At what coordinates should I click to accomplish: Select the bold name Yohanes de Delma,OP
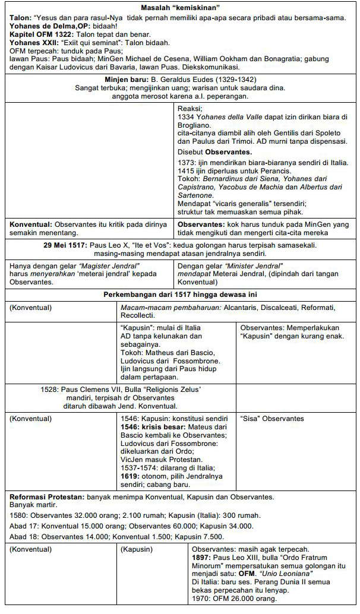click(43, 26)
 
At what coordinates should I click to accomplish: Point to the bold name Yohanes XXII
click(33, 43)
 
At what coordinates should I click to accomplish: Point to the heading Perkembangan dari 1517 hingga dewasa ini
click(179, 294)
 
